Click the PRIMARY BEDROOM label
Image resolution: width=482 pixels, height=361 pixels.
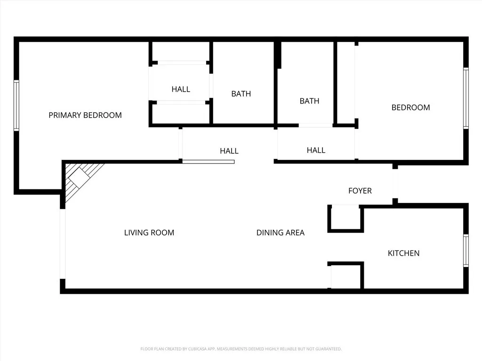(x=85, y=115)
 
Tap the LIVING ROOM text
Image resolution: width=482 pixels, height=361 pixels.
(x=149, y=233)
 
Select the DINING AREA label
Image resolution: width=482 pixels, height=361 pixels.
(x=280, y=233)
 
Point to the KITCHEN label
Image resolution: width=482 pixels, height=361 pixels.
(x=403, y=253)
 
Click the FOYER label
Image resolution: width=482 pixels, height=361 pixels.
(x=360, y=191)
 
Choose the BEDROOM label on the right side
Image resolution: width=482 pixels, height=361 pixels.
(x=410, y=108)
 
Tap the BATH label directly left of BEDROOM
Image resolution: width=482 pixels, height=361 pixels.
(x=309, y=101)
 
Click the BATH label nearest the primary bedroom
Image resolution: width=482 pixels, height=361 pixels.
(x=241, y=94)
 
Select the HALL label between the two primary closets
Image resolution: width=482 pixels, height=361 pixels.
(x=181, y=89)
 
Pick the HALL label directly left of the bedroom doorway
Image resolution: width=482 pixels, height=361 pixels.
(x=316, y=150)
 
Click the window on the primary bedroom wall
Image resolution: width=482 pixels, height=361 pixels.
(x=16, y=105)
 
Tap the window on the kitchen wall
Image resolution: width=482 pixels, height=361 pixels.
(x=466, y=251)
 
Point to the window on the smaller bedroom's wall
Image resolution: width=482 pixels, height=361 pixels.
(x=466, y=98)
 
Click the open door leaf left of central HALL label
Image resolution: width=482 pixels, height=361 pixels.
(x=208, y=162)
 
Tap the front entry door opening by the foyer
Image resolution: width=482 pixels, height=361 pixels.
(x=395, y=184)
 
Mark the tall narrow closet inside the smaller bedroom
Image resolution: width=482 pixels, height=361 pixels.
(x=346, y=83)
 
